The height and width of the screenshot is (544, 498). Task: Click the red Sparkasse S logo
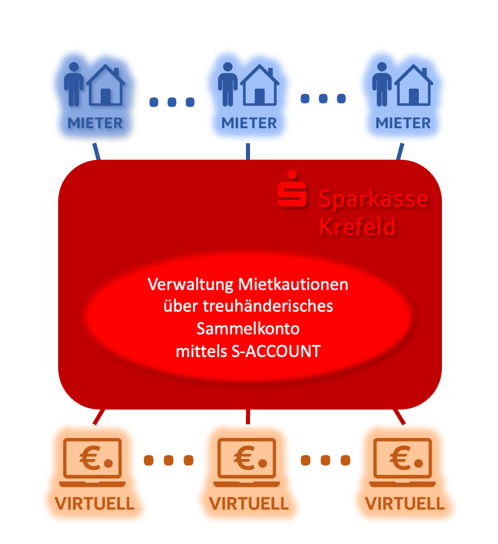[292, 190]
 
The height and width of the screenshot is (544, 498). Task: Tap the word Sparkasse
[373, 199]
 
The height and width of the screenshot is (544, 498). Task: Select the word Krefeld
[358, 226]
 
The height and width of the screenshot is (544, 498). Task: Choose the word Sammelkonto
[248, 329]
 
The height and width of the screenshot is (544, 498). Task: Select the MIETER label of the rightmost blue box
[403, 124]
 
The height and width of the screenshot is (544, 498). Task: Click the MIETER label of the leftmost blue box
[95, 124]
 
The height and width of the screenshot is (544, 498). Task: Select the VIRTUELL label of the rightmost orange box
[404, 503]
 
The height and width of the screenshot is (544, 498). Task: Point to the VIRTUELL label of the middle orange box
[248, 503]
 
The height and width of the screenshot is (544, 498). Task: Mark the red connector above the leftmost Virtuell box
[99, 416]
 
